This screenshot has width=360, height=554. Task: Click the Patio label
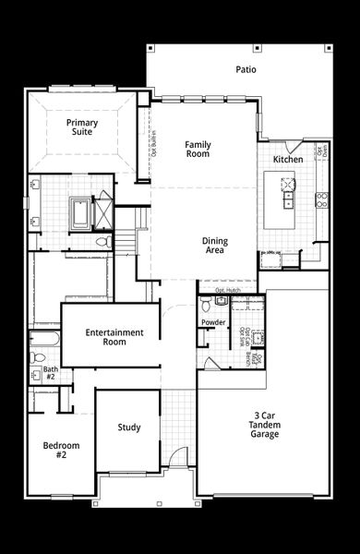[x=245, y=69]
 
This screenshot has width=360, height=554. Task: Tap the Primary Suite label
[x=82, y=127]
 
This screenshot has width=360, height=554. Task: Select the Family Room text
[x=198, y=149]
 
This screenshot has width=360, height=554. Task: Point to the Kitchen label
[x=287, y=160]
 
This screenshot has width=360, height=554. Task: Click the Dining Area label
[x=214, y=246]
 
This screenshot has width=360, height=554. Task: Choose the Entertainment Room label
[x=114, y=337]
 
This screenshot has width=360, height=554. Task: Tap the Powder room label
[x=214, y=322]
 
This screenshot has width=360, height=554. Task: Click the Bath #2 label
[x=51, y=374]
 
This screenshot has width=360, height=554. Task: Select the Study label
[x=129, y=428]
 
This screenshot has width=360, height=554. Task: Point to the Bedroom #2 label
[x=62, y=451]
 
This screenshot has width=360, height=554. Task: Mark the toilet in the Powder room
[x=221, y=302]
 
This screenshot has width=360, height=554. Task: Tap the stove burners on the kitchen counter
[x=322, y=197]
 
